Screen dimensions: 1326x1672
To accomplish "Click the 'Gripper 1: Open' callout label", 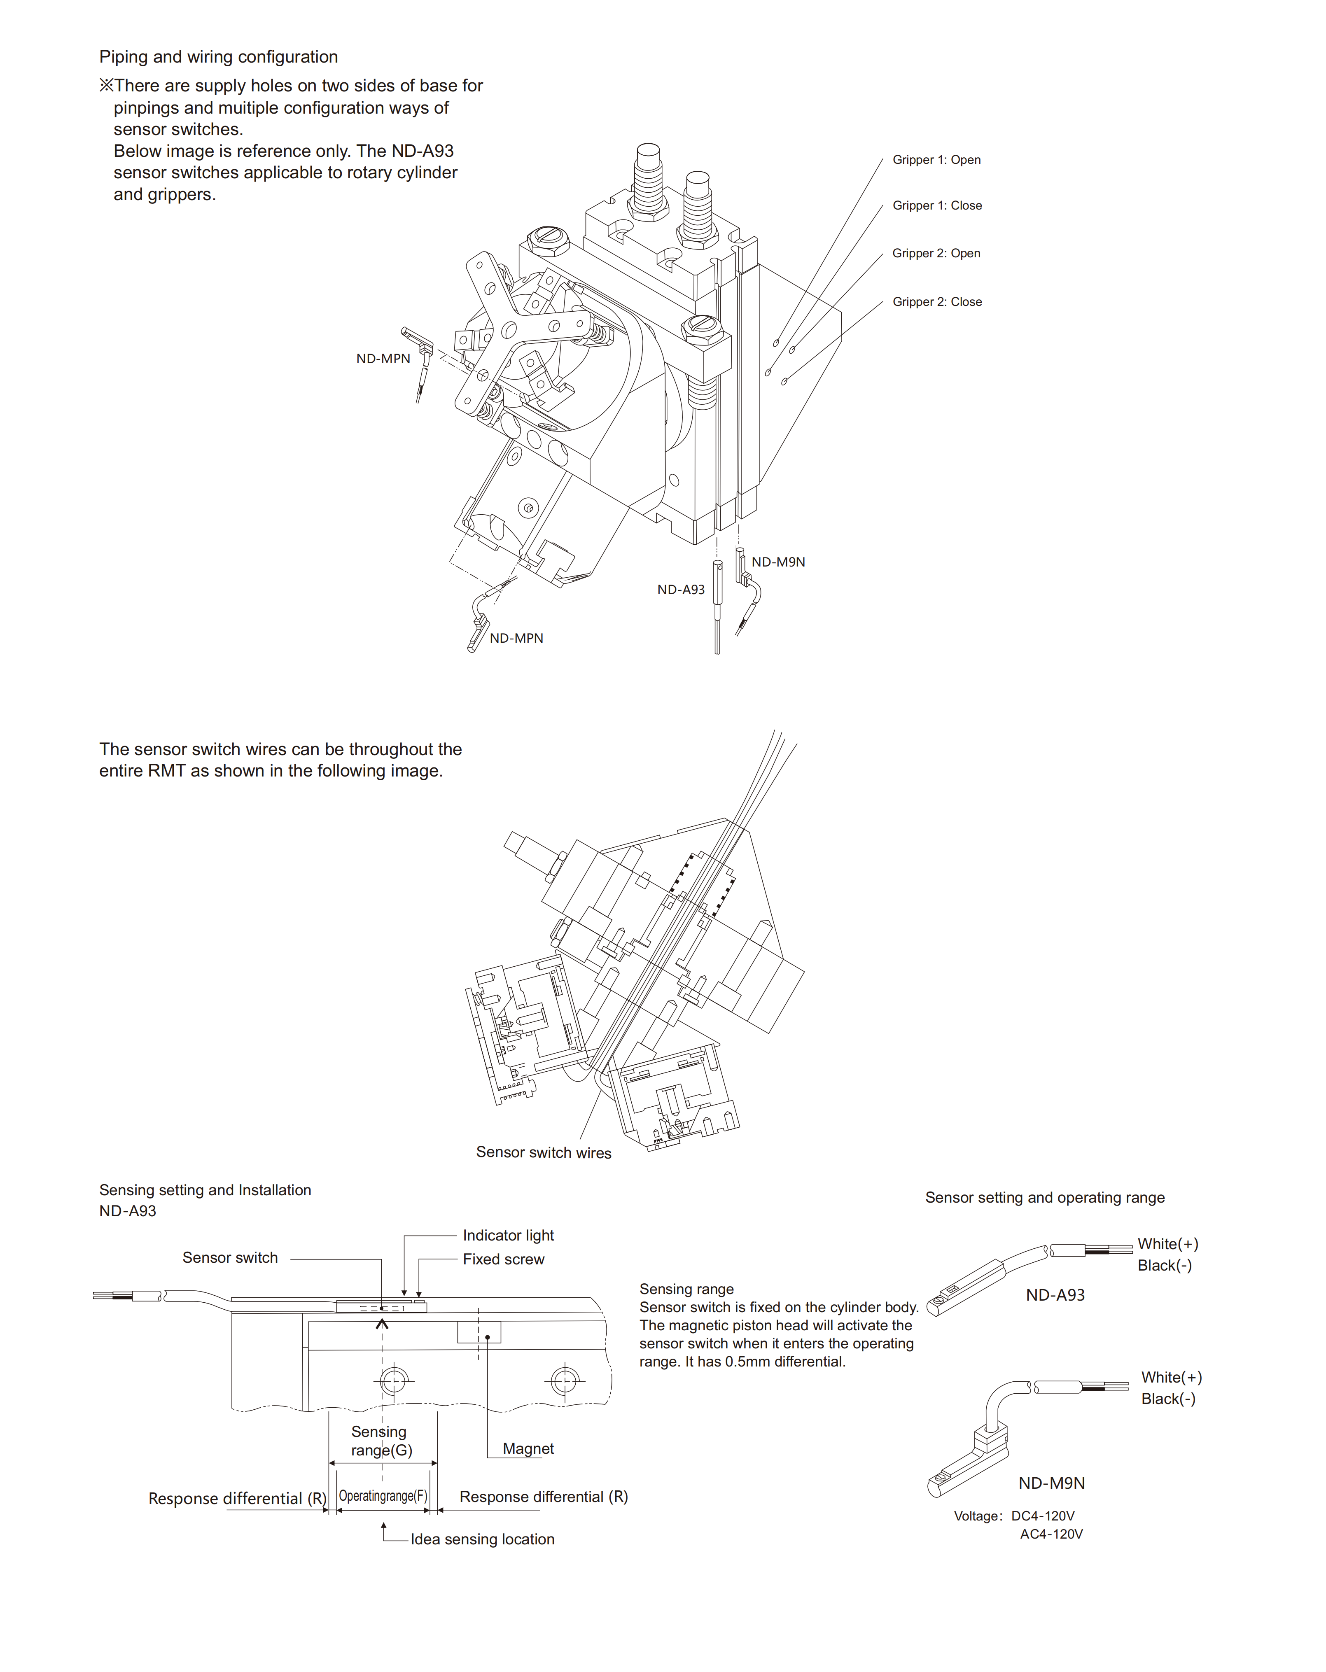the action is (x=936, y=160).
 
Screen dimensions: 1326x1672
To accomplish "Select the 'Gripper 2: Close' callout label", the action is (x=937, y=302).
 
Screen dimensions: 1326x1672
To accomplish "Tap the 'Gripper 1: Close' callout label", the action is (x=937, y=205).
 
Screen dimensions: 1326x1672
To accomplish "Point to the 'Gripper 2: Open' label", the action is (x=936, y=254).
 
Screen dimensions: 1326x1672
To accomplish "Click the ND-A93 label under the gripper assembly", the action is (x=681, y=590).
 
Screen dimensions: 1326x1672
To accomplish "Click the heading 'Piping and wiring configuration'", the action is (x=218, y=57).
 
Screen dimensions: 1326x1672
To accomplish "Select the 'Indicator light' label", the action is (x=508, y=1236).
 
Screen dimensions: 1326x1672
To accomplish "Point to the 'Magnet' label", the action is (x=528, y=1449).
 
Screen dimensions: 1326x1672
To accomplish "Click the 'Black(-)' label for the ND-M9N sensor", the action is (x=1168, y=1399).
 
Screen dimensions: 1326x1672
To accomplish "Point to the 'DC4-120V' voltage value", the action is (x=1042, y=1516).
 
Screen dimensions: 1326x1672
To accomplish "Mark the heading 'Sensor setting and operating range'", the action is (x=1044, y=1197).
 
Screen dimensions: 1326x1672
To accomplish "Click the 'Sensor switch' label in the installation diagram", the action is (x=229, y=1258).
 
